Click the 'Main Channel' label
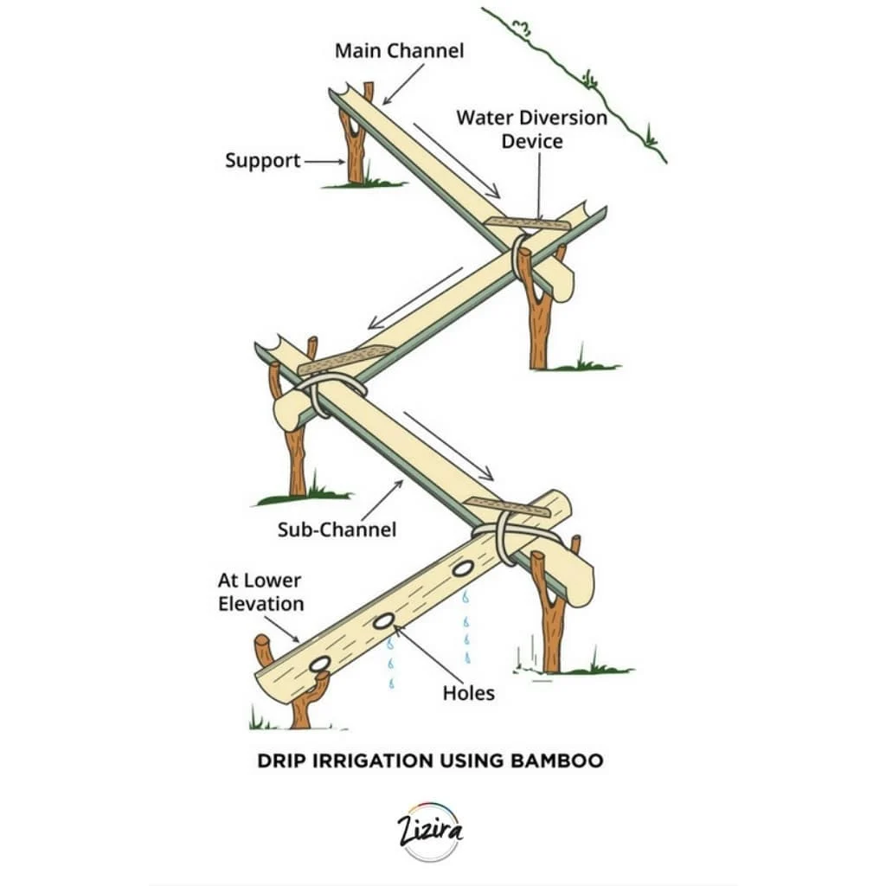point(399,51)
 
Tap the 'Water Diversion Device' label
point(532,130)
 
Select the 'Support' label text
point(263,160)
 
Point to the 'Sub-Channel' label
point(337,530)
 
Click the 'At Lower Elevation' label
point(260,592)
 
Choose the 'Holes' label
point(468,693)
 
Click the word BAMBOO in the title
point(557,761)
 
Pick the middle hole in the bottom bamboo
point(383,621)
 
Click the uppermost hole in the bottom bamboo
point(463,568)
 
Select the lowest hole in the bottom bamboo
point(320,664)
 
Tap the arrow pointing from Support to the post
point(325,162)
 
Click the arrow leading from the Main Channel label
point(403,84)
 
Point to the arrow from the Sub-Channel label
point(382,501)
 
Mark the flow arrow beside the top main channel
point(457,160)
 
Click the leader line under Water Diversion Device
point(539,187)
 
